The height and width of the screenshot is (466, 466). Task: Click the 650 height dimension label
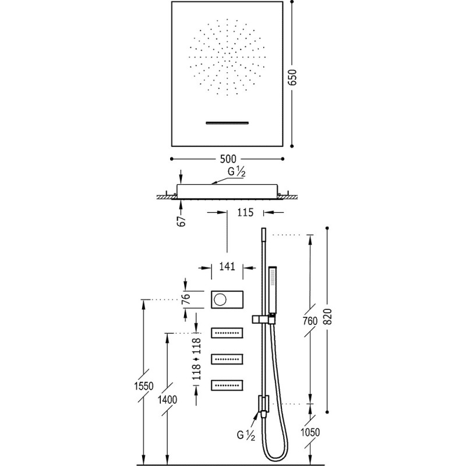pyautogui.click(x=293, y=77)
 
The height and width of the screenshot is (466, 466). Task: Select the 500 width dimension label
pyautogui.click(x=228, y=159)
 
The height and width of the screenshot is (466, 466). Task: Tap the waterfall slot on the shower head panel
pyautogui.click(x=227, y=123)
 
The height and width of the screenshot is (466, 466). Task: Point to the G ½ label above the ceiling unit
pyautogui.click(x=236, y=172)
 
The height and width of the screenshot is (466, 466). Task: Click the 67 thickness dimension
pyautogui.click(x=181, y=221)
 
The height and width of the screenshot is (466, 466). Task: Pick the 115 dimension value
pyautogui.click(x=245, y=213)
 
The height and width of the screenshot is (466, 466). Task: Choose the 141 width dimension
pyautogui.click(x=227, y=267)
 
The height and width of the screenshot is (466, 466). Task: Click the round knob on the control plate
pyautogui.click(x=220, y=300)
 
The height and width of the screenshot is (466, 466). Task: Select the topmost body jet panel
pyautogui.click(x=227, y=333)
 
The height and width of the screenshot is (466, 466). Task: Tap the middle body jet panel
pyautogui.click(x=227, y=359)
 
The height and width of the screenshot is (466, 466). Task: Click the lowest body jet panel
pyautogui.click(x=227, y=385)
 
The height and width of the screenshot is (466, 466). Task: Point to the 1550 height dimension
pyautogui.click(x=144, y=386)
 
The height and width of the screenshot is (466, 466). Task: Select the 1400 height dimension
pyautogui.click(x=167, y=400)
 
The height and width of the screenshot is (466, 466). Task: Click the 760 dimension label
pyautogui.click(x=310, y=321)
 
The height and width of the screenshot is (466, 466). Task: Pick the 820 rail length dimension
pyautogui.click(x=327, y=317)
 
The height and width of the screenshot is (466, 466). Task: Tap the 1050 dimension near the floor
pyautogui.click(x=310, y=432)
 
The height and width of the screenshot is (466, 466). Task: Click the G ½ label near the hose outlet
pyautogui.click(x=246, y=435)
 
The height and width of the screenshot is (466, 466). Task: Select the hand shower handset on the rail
pyautogui.click(x=273, y=289)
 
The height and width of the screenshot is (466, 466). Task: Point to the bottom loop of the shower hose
pyautogui.click(x=276, y=460)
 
